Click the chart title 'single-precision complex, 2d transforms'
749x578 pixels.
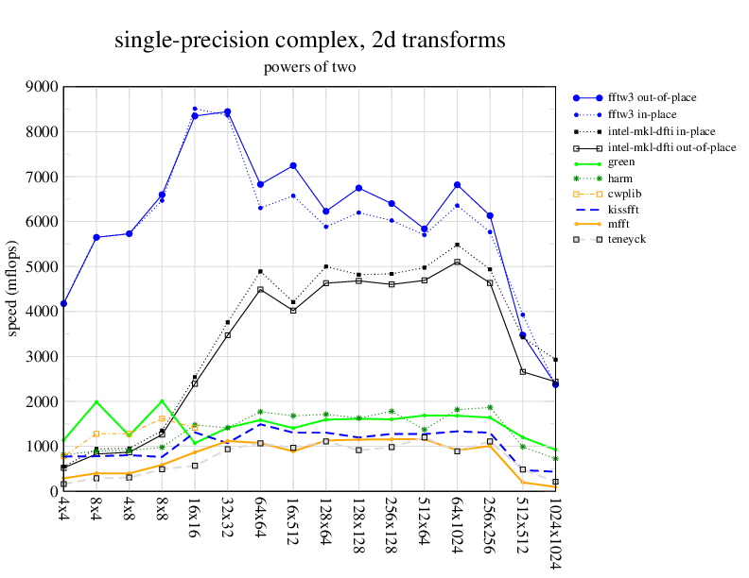309,41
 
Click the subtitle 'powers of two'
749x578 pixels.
309,68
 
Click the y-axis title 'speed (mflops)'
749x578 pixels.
12,289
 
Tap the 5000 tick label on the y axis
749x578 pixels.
42,267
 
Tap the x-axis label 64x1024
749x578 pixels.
457,527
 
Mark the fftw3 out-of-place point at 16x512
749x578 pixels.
293,166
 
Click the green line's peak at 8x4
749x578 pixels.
96,401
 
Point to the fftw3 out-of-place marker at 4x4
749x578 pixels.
63,304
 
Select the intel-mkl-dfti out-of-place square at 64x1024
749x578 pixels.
457,262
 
